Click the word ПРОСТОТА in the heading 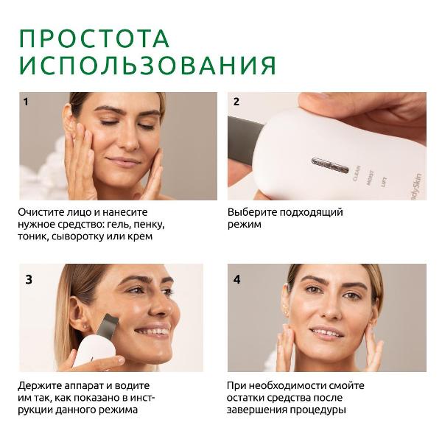pyautogui.click(x=94, y=38)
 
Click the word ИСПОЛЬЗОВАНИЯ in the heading pyautogui.click(x=147, y=65)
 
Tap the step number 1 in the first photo pyautogui.click(x=26, y=102)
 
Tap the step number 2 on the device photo pyautogui.click(x=236, y=102)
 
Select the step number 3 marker pyautogui.click(x=29, y=279)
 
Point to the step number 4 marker pyautogui.click(x=237, y=279)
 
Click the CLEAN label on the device pyautogui.click(x=357, y=173)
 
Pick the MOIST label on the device pyautogui.click(x=371, y=178)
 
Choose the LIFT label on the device pyautogui.click(x=384, y=182)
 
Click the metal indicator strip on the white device pyautogui.click(x=330, y=166)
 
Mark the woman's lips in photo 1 pyautogui.click(x=124, y=161)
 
